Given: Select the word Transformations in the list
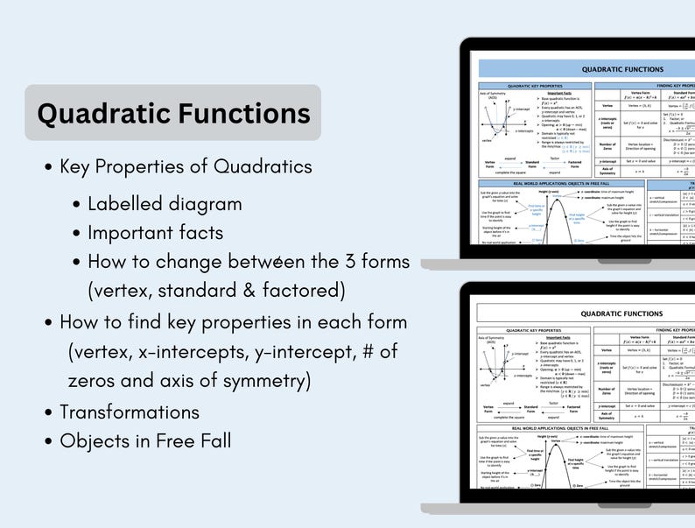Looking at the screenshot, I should click(130, 412).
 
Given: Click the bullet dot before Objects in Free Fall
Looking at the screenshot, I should click(49, 441).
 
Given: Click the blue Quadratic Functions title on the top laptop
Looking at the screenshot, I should click(622, 68).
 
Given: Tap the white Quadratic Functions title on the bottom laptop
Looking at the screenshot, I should click(622, 313).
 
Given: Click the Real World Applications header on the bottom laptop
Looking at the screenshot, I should click(535, 427).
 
